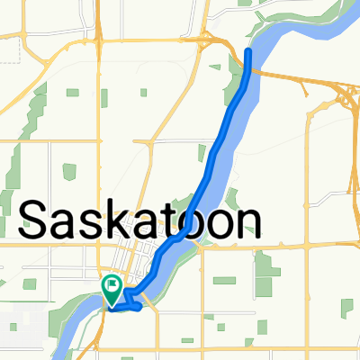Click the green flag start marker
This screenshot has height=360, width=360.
pos(112,288)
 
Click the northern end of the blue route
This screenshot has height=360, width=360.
pos(248,52)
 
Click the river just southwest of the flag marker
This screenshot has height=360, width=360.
pos(85,306)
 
